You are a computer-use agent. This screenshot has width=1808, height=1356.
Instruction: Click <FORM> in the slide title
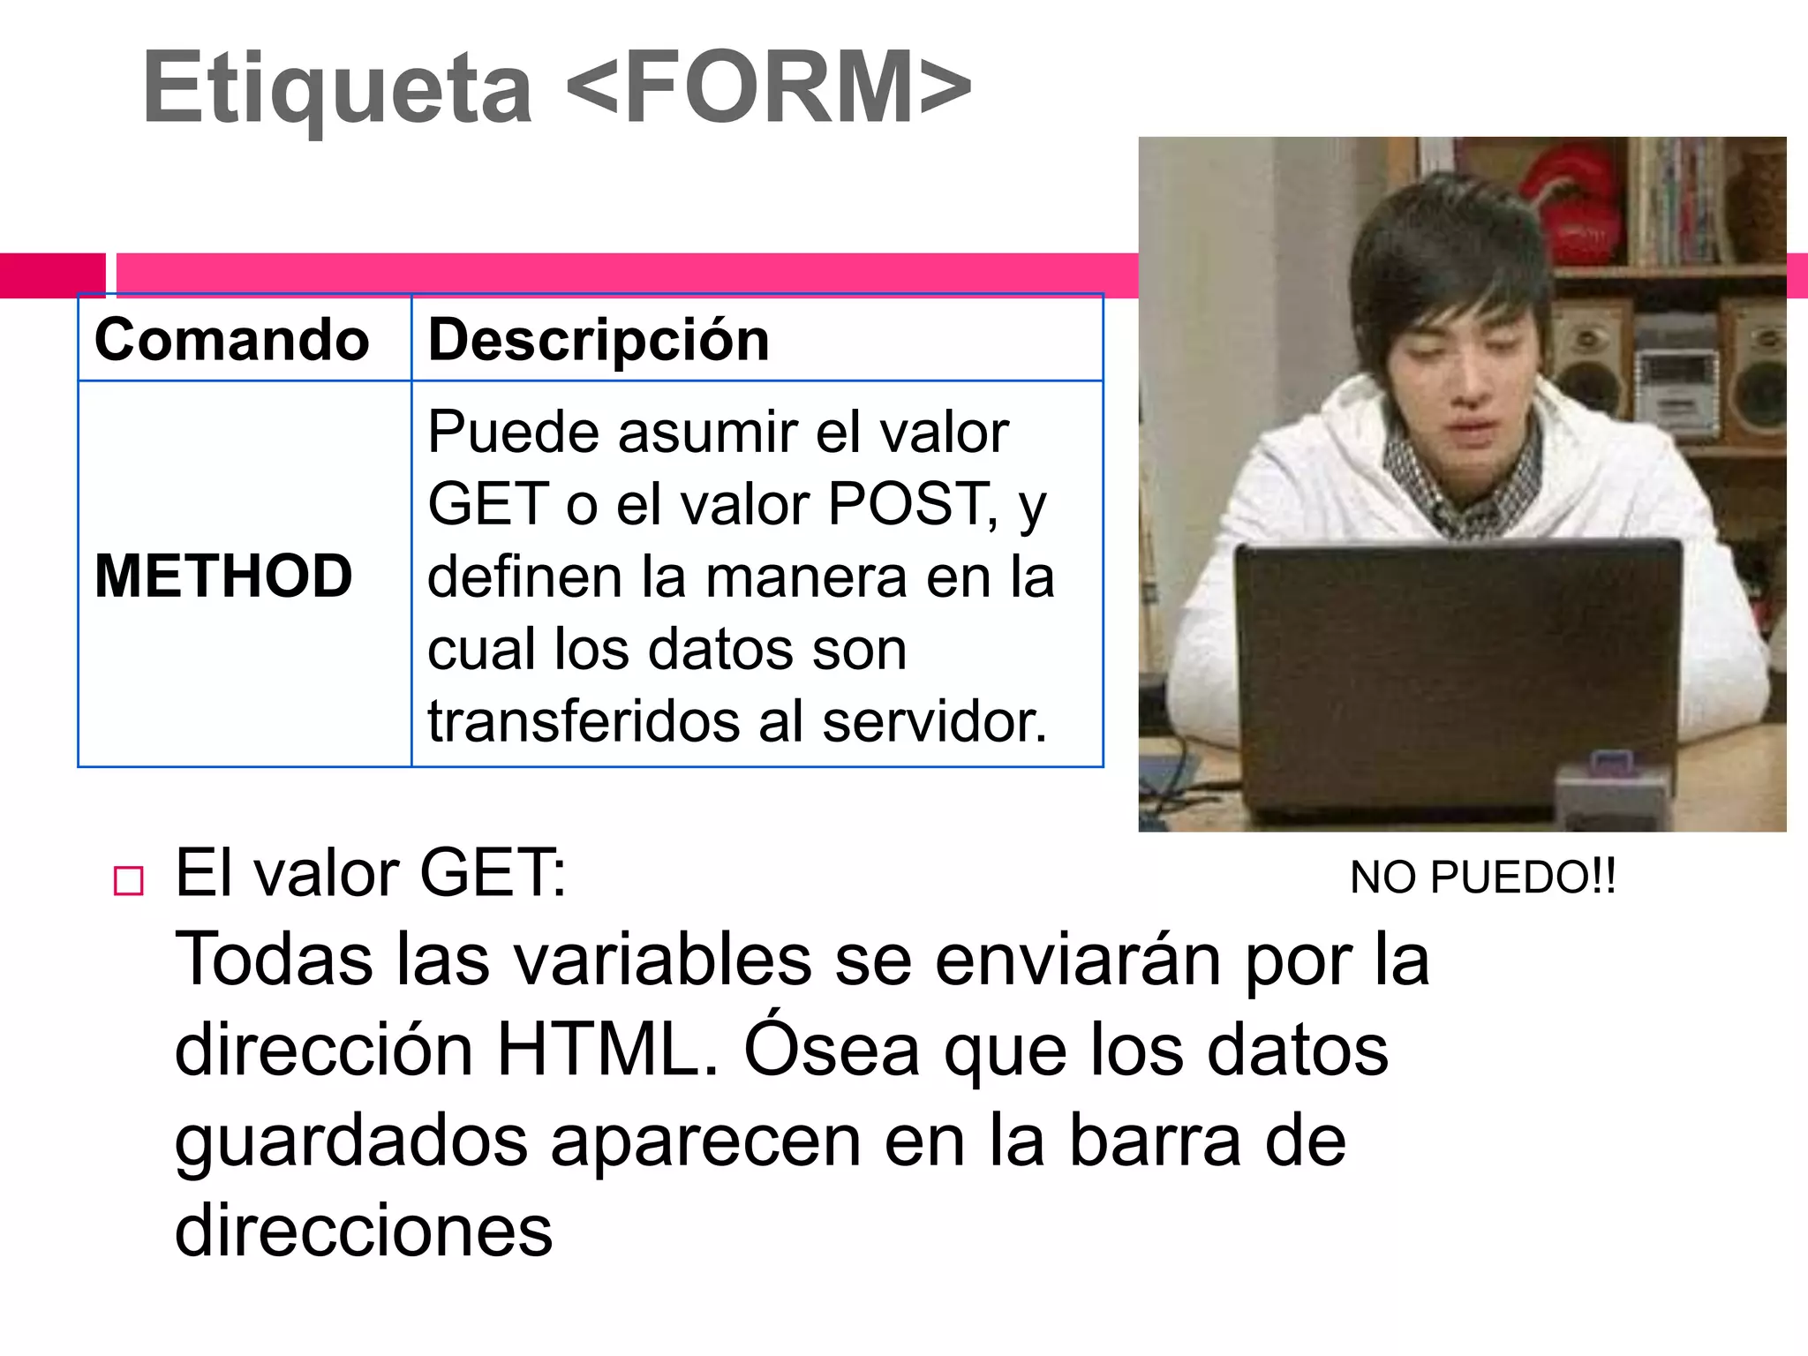768,88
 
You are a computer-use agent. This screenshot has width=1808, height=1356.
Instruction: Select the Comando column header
232,340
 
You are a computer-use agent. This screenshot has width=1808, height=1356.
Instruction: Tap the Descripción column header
599,340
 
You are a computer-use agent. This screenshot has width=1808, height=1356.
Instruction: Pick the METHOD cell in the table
223,576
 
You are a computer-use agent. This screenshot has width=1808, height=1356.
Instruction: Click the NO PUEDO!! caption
1483,878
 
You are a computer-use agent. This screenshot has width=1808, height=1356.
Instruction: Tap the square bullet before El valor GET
129,881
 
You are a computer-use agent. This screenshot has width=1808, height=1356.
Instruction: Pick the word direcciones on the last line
364,1231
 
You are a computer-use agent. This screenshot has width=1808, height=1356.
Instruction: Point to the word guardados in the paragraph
350,1141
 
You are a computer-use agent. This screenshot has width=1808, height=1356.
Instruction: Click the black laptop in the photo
1457,671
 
